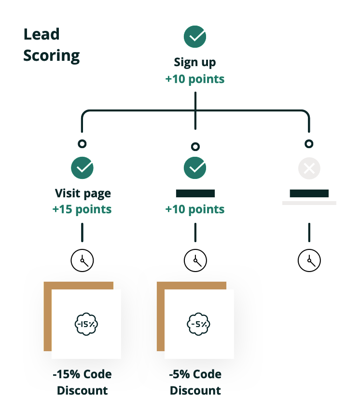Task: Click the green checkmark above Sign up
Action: pyautogui.click(x=195, y=37)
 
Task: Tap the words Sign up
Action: pyautogui.click(x=195, y=63)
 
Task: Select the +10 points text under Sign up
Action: pyautogui.click(x=195, y=79)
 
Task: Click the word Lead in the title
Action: pyautogui.click(x=42, y=34)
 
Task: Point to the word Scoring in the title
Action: pyautogui.click(x=52, y=56)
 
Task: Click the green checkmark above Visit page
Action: pyautogui.click(x=82, y=168)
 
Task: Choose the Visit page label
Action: pyautogui.click(x=83, y=194)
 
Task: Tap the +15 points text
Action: pyautogui.click(x=82, y=209)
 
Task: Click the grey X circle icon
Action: pyautogui.click(x=309, y=168)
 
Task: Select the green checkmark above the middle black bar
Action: pyautogui.click(x=195, y=168)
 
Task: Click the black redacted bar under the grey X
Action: pyautogui.click(x=309, y=193)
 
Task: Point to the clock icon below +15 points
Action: pyautogui.click(x=82, y=260)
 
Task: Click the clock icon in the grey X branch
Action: pyautogui.click(x=309, y=260)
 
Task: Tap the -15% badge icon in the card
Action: pyautogui.click(x=86, y=324)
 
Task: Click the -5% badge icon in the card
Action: pyautogui.click(x=199, y=324)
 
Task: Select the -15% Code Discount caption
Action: pyautogui.click(x=82, y=383)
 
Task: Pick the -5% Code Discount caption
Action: pyautogui.click(x=195, y=383)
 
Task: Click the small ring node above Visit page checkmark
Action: pyautogui.click(x=82, y=144)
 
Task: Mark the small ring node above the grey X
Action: pyautogui.click(x=309, y=144)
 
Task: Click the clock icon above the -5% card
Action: pyautogui.click(x=195, y=260)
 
